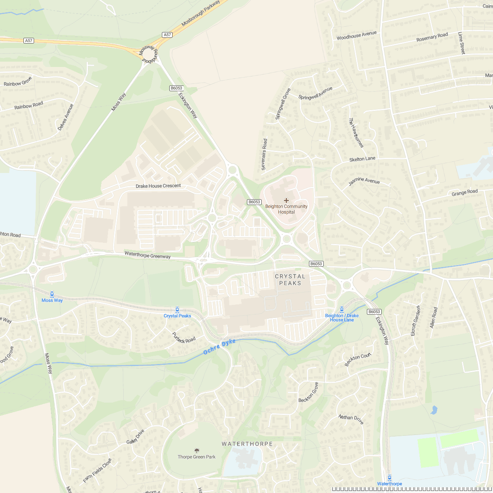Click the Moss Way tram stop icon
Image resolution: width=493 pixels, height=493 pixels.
(52, 294)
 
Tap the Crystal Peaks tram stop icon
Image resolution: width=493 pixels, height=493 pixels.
(177, 309)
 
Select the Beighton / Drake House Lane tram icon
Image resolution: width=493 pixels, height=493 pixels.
(342, 309)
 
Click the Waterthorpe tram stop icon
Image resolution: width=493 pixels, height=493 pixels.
(389, 477)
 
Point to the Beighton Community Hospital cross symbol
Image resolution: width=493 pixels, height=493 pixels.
(286, 200)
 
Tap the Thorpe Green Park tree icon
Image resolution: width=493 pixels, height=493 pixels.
(197, 451)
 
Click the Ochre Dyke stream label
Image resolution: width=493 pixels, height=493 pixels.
(220, 347)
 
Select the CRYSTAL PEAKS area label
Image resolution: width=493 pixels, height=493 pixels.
(290, 280)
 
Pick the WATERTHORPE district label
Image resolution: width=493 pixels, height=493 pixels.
(247, 444)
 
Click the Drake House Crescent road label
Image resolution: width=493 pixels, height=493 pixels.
(158, 186)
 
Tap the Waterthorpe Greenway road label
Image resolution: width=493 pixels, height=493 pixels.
(147, 255)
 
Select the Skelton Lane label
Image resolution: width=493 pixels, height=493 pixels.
(362, 159)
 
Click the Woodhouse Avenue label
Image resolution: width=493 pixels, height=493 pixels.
(357, 36)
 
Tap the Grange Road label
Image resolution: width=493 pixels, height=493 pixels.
(465, 193)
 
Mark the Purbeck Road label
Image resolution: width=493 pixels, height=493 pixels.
(184, 338)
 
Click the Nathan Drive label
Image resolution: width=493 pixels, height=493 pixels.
(351, 419)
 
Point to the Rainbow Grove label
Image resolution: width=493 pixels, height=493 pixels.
(18, 81)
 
